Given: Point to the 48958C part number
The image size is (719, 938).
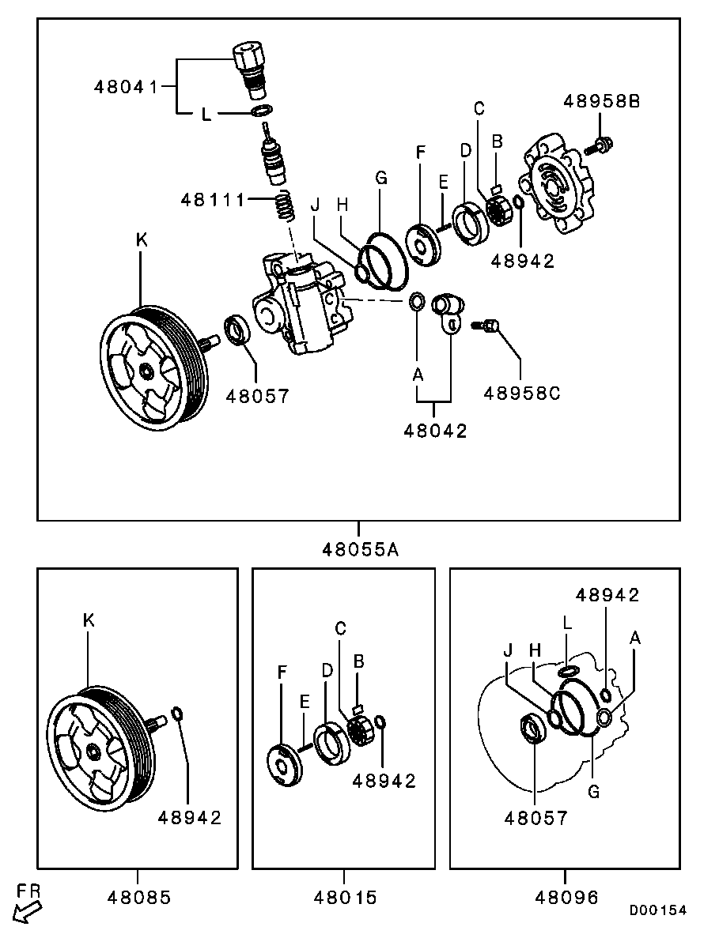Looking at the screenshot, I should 522,393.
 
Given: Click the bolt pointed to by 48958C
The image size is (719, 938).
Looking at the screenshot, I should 486,325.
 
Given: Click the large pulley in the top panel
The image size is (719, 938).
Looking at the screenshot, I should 150,367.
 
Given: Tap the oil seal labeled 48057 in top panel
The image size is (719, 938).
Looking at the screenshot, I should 237,330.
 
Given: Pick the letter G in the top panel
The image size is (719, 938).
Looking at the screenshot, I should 380,179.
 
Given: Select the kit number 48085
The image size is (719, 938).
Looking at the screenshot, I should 138,897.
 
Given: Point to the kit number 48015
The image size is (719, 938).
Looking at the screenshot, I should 344,897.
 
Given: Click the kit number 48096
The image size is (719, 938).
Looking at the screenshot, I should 566,897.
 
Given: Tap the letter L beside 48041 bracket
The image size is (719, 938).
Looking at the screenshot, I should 206,115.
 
